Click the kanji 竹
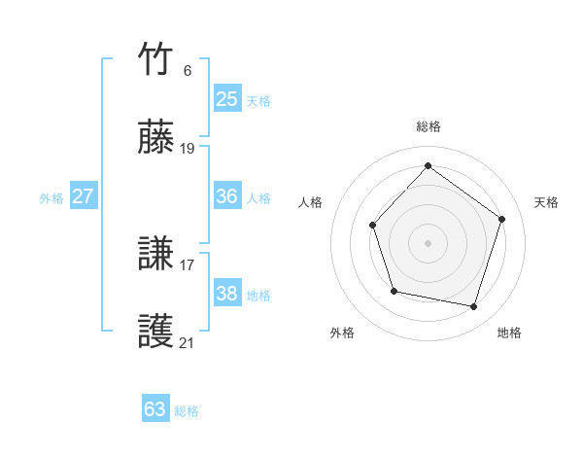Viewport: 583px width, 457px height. coord(155,60)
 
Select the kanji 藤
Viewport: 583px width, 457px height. coord(155,138)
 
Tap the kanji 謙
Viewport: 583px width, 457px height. coord(155,255)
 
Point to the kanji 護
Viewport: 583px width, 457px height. coord(155,333)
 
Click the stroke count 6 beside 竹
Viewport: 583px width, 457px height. coord(187,71)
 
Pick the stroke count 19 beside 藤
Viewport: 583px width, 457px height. coord(188,149)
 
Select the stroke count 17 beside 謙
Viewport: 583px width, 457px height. coord(188,264)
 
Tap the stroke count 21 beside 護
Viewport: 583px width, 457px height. coord(188,342)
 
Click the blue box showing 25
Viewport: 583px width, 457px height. coord(226,98)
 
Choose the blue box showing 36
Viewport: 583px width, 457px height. coord(226,196)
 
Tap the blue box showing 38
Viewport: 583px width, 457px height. coord(226,294)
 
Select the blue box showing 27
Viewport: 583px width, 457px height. coord(83,196)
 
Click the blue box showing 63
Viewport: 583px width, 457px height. coord(154,409)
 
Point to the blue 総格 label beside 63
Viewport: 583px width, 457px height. coord(187,411)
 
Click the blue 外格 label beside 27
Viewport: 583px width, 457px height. coord(51,198)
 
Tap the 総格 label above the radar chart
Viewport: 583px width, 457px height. coord(428,126)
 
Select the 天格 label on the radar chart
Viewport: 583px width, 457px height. coord(546,202)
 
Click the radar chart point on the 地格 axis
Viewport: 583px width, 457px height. coord(473,307)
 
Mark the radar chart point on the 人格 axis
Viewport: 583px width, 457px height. coord(373,226)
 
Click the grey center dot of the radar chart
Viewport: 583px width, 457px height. coord(428,243)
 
